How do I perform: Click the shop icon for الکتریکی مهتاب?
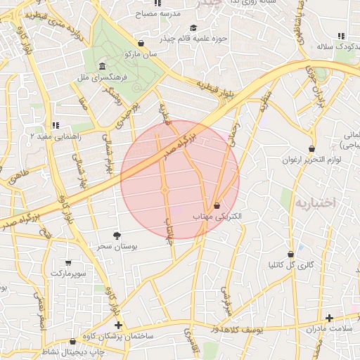pyautogui.click(x=216, y=205)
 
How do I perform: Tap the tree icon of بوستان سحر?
pyautogui.click(x=117, y=236)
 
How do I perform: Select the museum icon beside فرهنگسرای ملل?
pyautogui.click(x=103, y=65)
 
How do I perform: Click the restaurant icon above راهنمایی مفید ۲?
pyautogui.click(x=56, y=125)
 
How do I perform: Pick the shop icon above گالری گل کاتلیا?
pyautogui.click(x=290, y=254)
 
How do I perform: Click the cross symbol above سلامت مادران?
pyautogui.click(x=329, y=318)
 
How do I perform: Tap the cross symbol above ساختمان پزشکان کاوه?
pyautogui.click(x=118, y=326)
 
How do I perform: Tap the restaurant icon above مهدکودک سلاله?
pyautogui.click(x=341, y=36)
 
